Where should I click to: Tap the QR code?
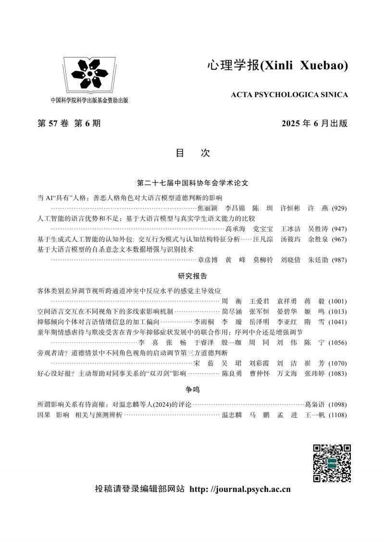[x=332, y=463]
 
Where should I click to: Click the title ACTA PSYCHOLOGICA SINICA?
[x=289, y=95]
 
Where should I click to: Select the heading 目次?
[x=192, y=153]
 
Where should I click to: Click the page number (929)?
[x=338, y=208]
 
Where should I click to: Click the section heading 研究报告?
[x=192, y=276]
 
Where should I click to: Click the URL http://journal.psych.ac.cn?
[x=240, y=490]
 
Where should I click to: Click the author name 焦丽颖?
[x=208, y=208]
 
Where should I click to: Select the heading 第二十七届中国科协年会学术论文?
[x=192, y=183]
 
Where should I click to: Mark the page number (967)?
[x=338, y=239]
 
